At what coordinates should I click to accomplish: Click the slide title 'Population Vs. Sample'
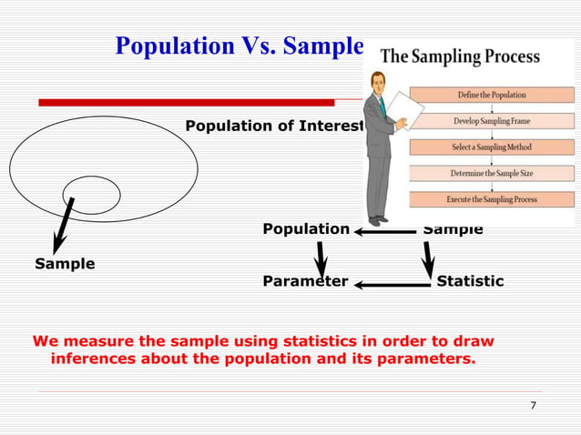tap(239, 45)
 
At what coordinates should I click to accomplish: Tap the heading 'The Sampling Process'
tap(460, 56)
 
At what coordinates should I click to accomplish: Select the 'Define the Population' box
tap(491, 95)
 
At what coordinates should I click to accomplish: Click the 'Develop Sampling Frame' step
tap(491, 121)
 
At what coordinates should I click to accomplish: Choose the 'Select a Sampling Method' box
tap(491, 147)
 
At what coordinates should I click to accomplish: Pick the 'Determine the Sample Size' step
tap(491, 173)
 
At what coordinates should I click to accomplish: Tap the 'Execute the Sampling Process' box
tap(491, 199)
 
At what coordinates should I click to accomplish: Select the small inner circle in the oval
tap(91, 194)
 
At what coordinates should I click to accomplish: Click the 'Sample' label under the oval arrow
tap(64, 264)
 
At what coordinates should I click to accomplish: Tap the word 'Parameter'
tap(305, 281)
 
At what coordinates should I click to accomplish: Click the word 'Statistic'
tap(470, 281)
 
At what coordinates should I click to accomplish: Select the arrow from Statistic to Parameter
tap(392, 285)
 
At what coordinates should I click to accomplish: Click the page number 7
tap(533, 406)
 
